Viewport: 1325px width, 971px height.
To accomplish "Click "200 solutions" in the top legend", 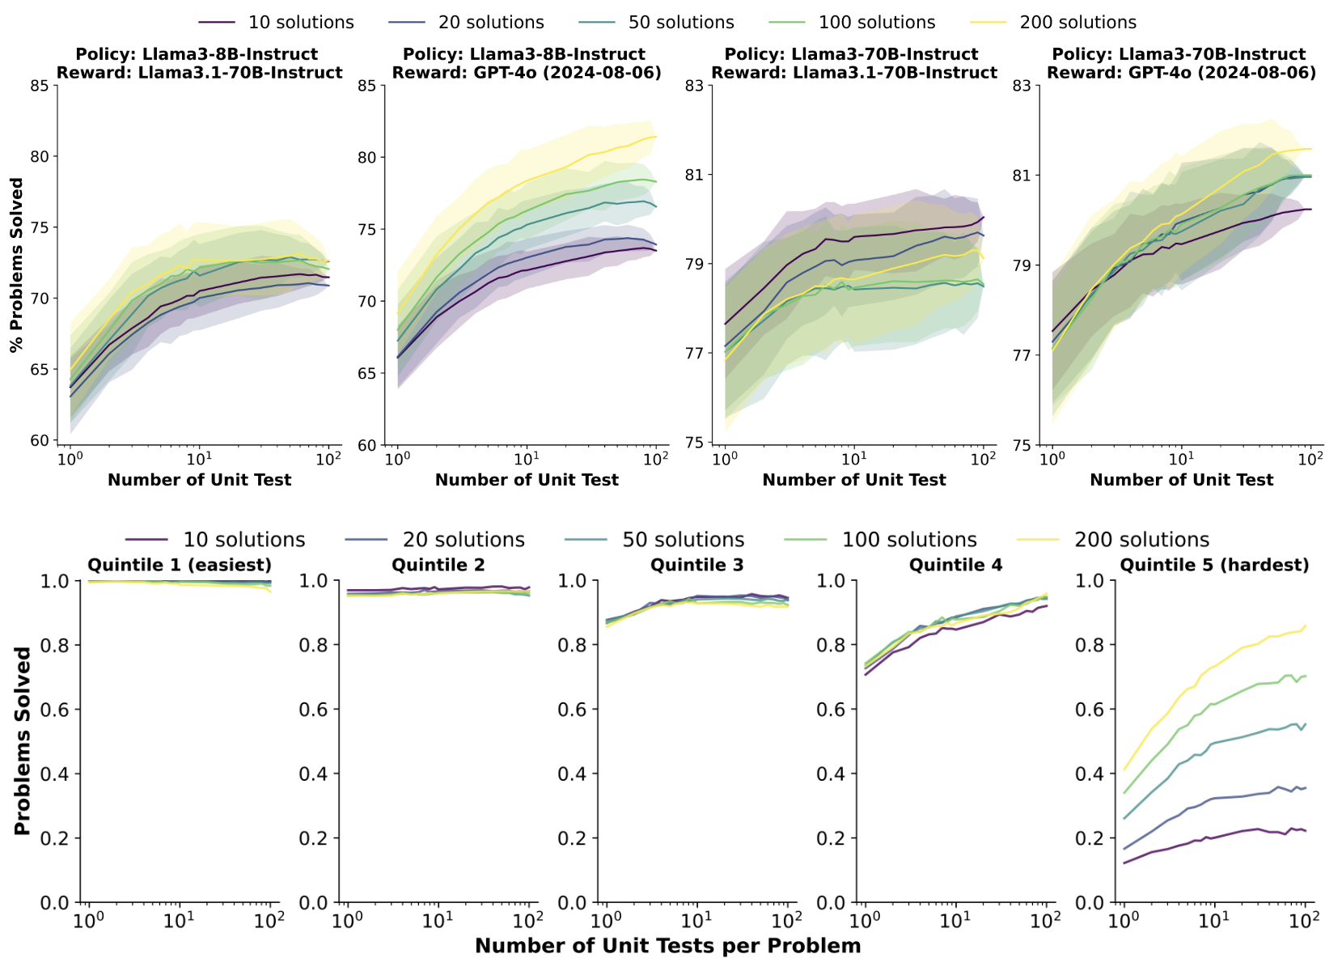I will point(1077,23).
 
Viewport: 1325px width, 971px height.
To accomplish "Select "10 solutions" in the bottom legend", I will point(243,540).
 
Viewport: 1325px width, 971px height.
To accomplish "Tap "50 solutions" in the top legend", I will point(681,23).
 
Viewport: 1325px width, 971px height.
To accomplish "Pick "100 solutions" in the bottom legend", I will point(909,540).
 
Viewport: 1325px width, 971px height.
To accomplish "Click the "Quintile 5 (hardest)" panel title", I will point(1214,565).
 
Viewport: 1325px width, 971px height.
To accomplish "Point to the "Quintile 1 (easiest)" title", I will point(180,565).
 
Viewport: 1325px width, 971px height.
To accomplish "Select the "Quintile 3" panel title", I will point(697,565).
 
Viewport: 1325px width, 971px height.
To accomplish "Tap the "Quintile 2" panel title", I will point(438,565).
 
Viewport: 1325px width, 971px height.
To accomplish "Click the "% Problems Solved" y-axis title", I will point(17,265).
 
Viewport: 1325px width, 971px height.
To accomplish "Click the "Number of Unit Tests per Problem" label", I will point(667,946).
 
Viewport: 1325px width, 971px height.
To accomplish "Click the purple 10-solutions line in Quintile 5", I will point(1213,837).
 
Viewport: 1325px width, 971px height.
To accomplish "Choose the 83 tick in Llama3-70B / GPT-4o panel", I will point(1023,85).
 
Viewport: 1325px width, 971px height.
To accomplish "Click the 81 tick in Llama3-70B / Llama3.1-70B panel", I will point(696,175).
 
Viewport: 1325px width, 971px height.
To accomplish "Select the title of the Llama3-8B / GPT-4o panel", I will point(527,63).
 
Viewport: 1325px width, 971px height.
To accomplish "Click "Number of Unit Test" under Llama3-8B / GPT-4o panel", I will point(527,480).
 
